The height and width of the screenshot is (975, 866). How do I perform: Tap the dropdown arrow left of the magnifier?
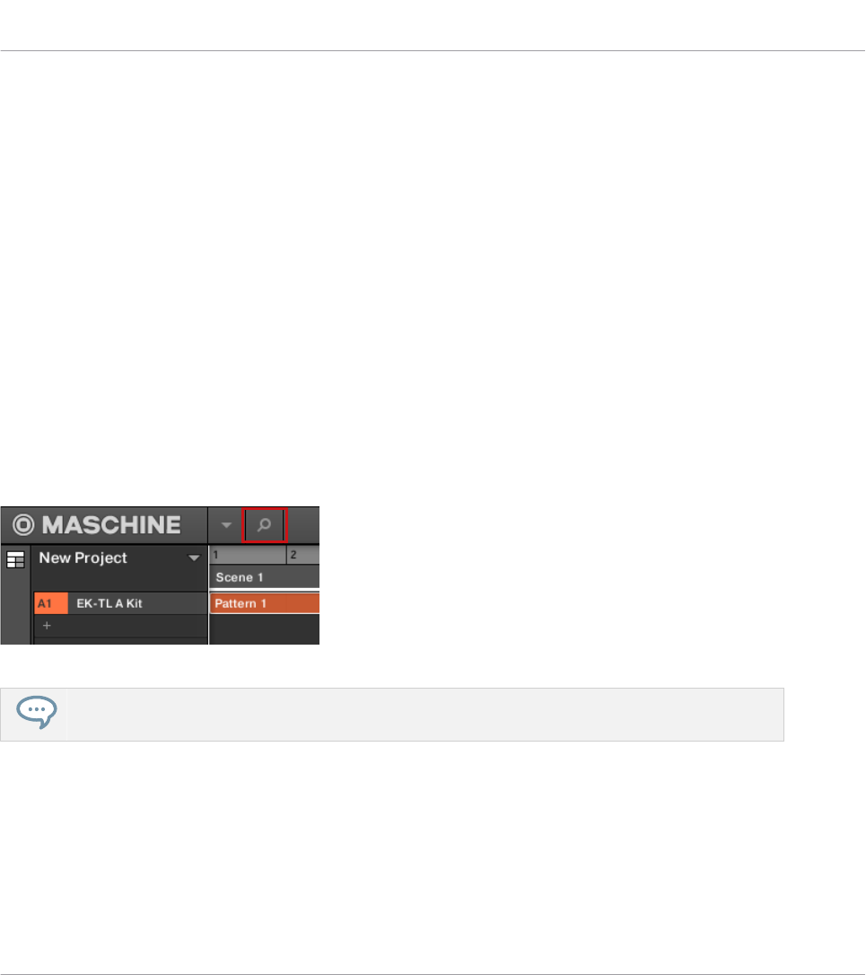tap(226, 525)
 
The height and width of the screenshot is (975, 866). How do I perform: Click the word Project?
tap(101, 558)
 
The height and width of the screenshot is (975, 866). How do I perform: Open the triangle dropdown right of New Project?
tap(193, 559)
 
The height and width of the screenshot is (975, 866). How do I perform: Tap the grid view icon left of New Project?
tap(15, 559)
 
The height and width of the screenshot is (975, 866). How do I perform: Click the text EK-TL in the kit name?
tap(93, 603)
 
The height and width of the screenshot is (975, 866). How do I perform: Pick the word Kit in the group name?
tap(133, 603)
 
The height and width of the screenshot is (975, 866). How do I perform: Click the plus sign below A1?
tap(48, 625)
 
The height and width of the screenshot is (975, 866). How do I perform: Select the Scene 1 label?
tap(234, 577)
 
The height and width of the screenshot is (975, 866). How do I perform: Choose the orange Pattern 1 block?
tap(264, 603)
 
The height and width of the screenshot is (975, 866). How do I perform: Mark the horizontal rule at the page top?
tap(433, 51)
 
